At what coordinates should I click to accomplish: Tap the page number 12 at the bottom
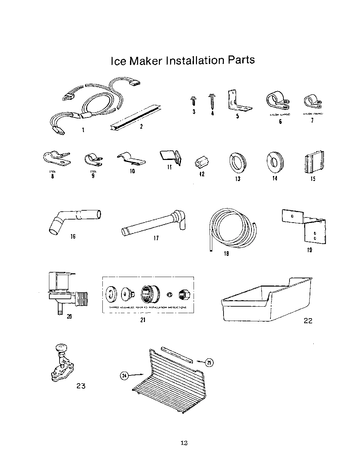pos(184,443)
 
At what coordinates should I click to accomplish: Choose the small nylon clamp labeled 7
pos(311,101)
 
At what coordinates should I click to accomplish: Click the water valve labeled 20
pos(65,291)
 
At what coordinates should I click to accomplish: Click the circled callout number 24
pos(124,375)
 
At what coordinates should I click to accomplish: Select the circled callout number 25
pos(210,363)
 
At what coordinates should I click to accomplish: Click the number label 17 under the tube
pos(156,238)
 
